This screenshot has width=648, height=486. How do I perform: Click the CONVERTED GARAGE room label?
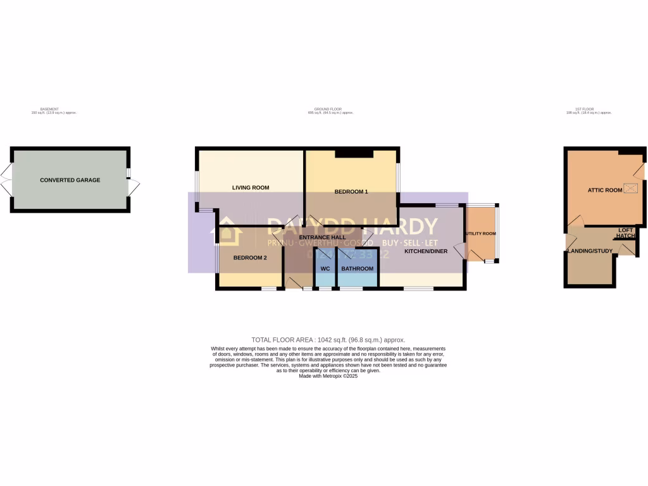pyautogui.click(x=70, y=180)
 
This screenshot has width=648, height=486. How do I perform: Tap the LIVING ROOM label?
pyautogui.click(x=251, y=187)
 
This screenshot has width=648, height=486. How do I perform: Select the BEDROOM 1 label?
pyautogui.click(x=351, y=192)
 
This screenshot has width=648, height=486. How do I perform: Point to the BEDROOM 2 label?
pyautogui.click(x=250, y=258)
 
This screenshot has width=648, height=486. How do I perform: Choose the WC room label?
pyautogui.click(x=325, y=269)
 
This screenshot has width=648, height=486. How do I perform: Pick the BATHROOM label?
pyautogui.click(x=358, y=269)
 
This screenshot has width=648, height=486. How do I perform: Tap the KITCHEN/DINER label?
pyautogui.click(x=426, y=251)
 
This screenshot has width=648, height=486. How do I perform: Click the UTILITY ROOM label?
pyautogui.click(x=481, y=234)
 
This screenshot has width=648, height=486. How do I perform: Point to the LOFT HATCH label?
pyautogui.click(x=625, y=234)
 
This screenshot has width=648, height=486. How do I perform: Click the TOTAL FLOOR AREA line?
pyautogui.click(x=328, y=340)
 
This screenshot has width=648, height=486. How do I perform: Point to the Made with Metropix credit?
pyautogui.click(x=328, y=376)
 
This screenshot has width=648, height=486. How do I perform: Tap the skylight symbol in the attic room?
pyautogui.click(x=630, y=188)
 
